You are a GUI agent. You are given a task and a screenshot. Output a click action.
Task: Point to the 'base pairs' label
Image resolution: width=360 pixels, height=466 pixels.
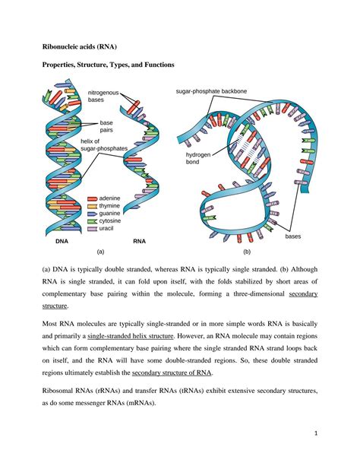tap(106, 126)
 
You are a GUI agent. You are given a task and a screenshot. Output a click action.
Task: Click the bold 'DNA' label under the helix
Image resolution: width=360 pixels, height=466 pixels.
tap(62, 241)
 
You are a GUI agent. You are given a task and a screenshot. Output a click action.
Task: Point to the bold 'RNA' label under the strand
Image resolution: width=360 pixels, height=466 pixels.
tap(139, 241)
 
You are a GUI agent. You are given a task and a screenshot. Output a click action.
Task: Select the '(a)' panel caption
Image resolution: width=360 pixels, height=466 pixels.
tap(99, 251)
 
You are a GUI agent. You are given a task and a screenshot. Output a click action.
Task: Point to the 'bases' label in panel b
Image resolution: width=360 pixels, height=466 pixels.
tap(293, 236)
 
